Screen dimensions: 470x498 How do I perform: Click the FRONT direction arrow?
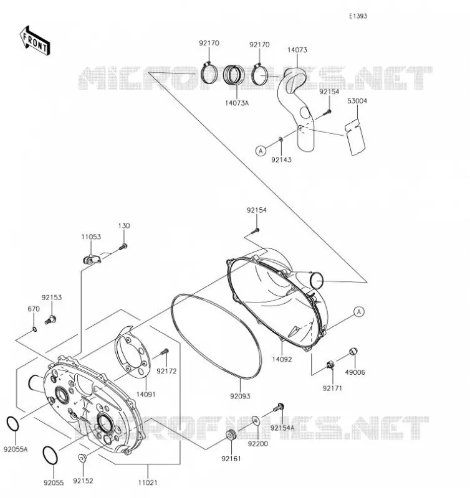tap(35, 41)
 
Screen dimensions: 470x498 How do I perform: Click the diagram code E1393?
tap(358, 16)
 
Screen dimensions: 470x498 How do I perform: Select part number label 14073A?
tap(237, 103)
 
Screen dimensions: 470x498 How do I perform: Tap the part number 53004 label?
tap(357, 101)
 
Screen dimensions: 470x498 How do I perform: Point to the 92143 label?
tap(281, 159)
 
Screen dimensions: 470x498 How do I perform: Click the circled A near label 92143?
tap(261, 151)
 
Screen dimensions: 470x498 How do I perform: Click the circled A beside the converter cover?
tap(359, 312)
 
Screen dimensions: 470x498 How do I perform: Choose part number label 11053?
tap(91, 237)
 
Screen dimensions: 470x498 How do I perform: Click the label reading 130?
tap(124, 226)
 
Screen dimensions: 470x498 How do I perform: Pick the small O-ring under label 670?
tap(35, 329)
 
